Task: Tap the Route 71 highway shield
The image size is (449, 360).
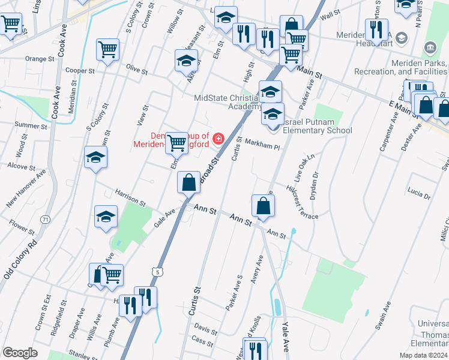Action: click(46, 220)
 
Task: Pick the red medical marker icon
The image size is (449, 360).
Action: click(217, 139)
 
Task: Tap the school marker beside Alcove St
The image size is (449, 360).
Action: click(95, 157)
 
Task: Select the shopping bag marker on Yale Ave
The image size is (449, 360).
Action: click(263, 206)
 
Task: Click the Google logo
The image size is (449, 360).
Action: click(20, 353)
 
